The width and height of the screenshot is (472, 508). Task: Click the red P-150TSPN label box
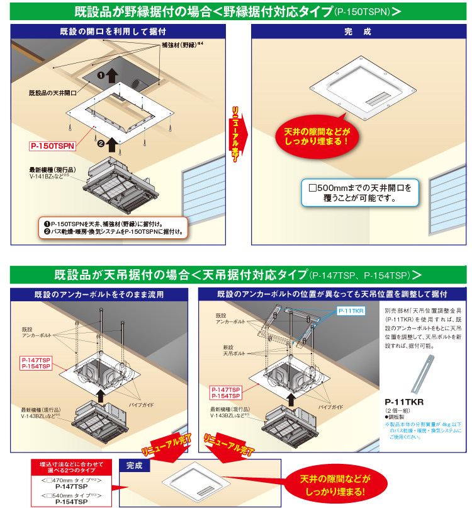[52, 146]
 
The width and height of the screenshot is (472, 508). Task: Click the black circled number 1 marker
[100, 74]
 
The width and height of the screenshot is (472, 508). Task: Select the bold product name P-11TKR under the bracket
[404, 401]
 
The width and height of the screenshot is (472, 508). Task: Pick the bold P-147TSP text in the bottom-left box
[70, 487]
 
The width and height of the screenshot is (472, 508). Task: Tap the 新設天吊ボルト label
[223, 350]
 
